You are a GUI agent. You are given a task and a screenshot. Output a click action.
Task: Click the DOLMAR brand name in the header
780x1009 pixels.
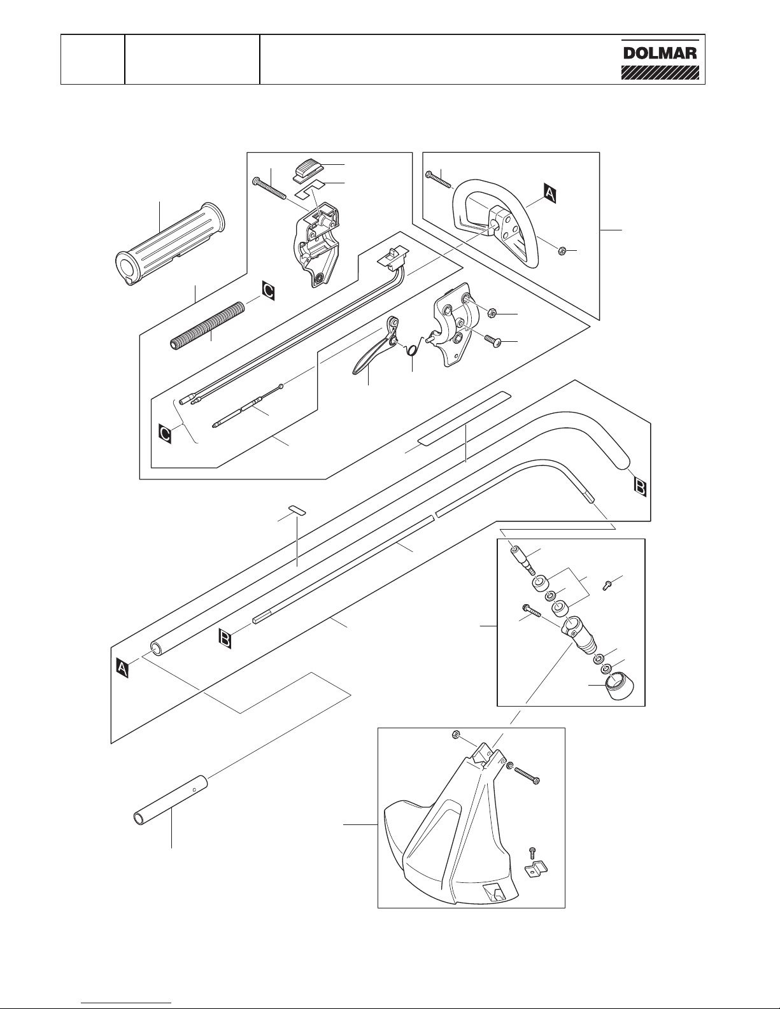[660, 53]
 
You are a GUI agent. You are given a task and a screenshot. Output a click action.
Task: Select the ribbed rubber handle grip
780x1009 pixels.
[171, 244]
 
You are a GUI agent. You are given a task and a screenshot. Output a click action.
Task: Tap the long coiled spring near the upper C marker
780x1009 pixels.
[207, 325]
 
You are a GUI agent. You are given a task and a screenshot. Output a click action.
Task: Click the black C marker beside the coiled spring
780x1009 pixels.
[268, 291]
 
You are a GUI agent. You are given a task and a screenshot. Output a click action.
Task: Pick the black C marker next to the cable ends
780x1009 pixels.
[165, 434]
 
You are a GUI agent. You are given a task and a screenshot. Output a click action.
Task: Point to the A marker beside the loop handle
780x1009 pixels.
[550, 193]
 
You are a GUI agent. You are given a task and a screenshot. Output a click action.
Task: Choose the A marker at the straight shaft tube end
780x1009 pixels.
[122, 668]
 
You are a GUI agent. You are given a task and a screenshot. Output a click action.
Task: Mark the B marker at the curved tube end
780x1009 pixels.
[640, 488]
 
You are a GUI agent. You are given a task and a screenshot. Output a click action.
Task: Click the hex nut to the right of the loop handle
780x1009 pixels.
[563, 251]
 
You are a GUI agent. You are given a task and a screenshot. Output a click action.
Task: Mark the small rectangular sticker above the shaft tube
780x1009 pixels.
[297, 510]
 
